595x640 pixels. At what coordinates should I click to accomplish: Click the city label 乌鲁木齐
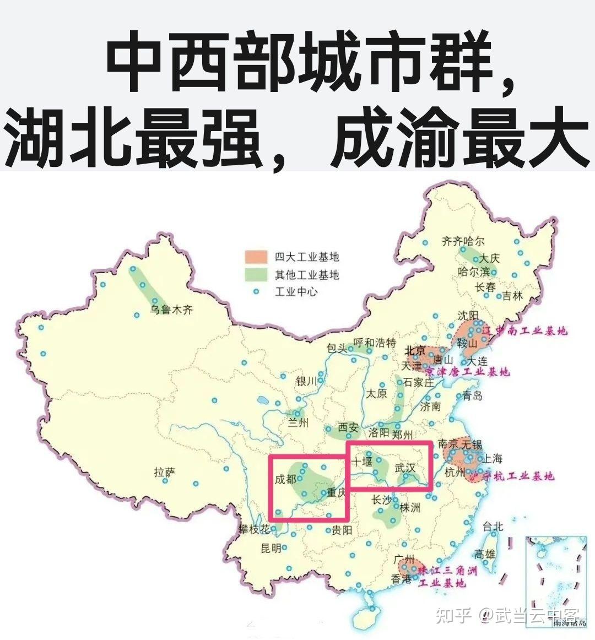172,310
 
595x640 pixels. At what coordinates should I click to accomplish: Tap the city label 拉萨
164,472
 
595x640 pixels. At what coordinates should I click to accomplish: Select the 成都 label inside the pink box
285,479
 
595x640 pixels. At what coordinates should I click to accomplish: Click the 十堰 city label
362,461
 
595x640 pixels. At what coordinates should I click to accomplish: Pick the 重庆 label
336,492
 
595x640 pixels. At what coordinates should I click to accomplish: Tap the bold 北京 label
414,351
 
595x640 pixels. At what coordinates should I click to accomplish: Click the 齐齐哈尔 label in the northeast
463,241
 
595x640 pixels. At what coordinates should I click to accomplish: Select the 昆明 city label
271,547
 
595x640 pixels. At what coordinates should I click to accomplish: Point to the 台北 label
493,526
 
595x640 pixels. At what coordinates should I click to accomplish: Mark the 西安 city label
348,427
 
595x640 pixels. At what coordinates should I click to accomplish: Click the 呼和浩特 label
375,343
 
